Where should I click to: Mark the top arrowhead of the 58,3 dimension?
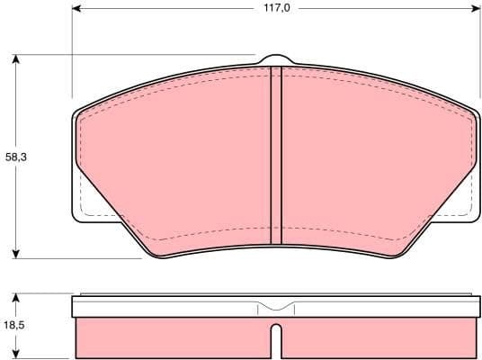(15, 58)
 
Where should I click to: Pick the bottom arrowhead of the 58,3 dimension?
(15, 254)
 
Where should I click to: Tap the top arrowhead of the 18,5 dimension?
(15, 296)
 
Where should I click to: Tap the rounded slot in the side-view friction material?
(276, 339)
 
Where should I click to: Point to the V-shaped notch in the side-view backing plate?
(276, 308)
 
